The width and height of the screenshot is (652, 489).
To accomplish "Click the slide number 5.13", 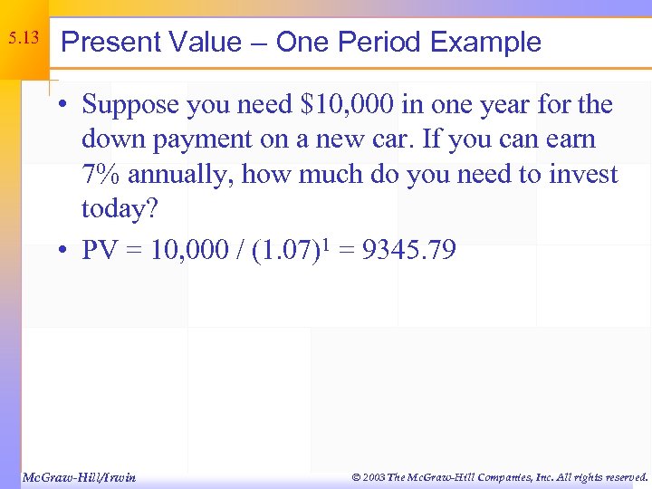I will pyautogui.click(x=24, y=39).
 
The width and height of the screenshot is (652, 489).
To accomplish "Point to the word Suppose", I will pyautogui.click(x=133, y=105).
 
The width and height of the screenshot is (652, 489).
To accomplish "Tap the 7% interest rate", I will pyautogui.click(x=101, y=175).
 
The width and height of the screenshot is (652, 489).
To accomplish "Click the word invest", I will pyautogui.click(x=583, y=175).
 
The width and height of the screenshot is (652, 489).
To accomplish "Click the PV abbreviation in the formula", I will pyautogui.click(x=101, y=251).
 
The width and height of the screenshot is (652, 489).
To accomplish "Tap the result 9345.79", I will pyautogui.click(x=409, y=251).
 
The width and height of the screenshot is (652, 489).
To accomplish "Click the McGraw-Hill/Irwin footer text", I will pyautogui.click(x=79, y=476).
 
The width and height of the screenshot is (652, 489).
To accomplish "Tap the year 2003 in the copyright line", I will pyautogui.click(x=371, y=476).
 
